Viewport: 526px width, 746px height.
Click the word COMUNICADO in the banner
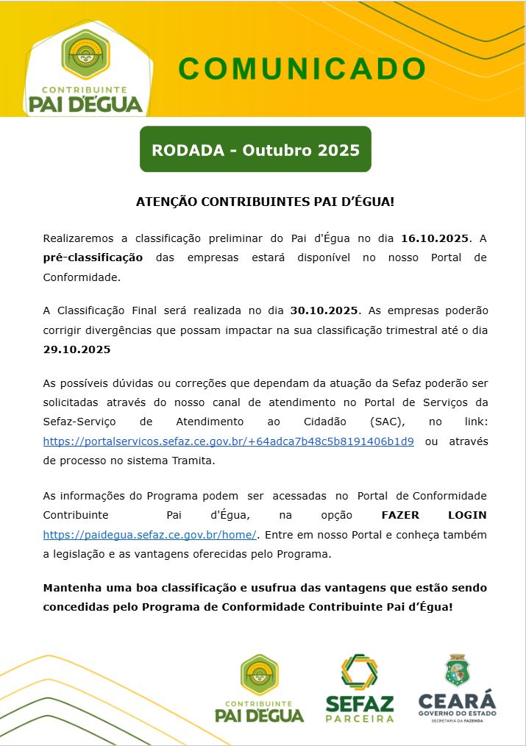(302, 68)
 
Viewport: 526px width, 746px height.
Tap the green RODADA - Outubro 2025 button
(255, 150)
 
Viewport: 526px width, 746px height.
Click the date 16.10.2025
(434, 239)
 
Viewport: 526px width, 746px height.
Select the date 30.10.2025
(324, 310)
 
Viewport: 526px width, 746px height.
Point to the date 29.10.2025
(77, 349)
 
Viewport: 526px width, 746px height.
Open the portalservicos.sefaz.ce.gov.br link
(228, 441)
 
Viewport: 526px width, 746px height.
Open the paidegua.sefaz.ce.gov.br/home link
(150, 534)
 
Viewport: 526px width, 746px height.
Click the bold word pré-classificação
(93, 258)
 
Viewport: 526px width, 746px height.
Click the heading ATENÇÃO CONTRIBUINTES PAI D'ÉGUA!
(265, 201)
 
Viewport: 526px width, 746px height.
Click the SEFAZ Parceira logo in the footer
(359, 688)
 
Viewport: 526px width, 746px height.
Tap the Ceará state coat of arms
(456, 671)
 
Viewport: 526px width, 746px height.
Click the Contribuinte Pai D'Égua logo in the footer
(259, 688)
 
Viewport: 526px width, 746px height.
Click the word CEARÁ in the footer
(457, 700)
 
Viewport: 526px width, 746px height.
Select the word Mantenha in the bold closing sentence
(71, 588)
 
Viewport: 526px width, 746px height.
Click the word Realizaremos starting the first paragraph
(78, 239)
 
